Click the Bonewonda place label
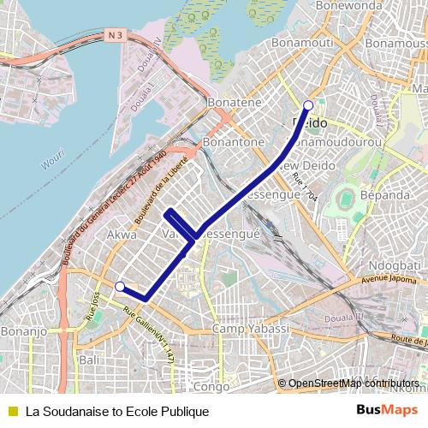(x=348, y=5)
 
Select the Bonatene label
(x=235, y=103)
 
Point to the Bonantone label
(x=234, y=141)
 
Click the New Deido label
(x=300, y=165)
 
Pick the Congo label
(x=211, y=387)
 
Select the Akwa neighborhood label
(x=122, y=233)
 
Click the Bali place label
(x=89, y=360)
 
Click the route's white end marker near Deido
(x=308, y=106)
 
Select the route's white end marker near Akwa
(x=121, y=287)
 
